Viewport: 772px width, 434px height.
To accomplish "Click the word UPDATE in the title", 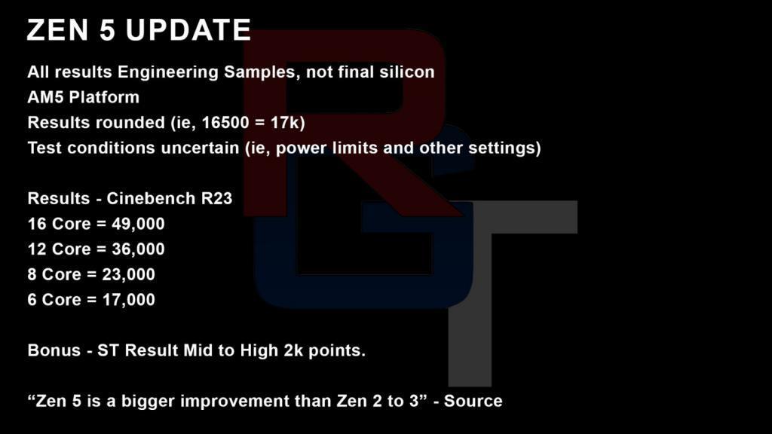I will [x=188, y=30].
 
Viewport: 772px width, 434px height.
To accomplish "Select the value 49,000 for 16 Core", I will [x=138, y=224].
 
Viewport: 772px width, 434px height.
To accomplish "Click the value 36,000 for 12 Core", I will [x=138, y=249].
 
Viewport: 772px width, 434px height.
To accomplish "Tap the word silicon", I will [x=407, y=72].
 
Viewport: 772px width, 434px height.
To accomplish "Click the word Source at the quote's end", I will [x=473, y=401].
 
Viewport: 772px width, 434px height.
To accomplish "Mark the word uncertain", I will [x=201, y=148].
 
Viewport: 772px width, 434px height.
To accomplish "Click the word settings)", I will [x=504, y=148].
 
